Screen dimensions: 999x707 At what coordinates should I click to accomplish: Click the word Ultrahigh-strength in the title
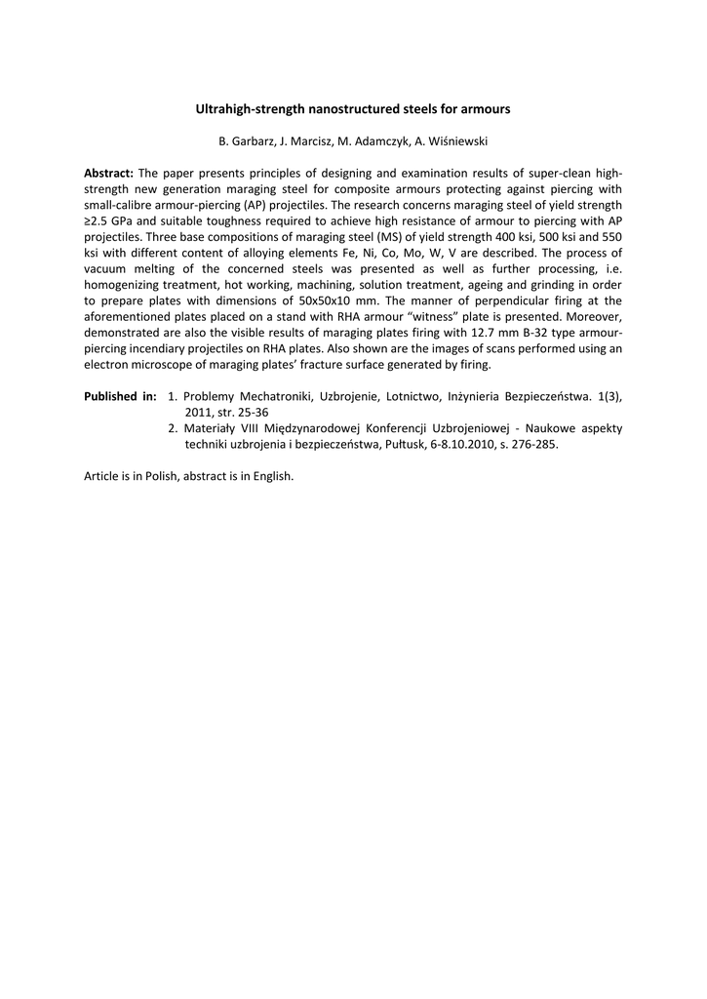coord(245,109)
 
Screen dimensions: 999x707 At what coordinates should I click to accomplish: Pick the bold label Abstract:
coord(108,174)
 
